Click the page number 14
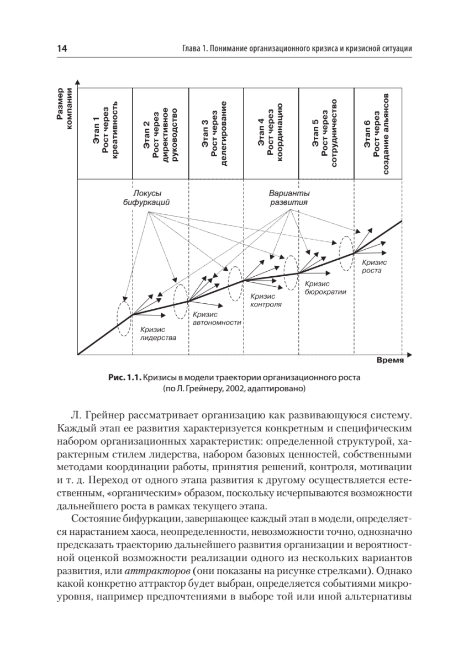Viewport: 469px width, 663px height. tap(62, 49)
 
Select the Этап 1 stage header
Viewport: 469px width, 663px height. tap(106, 133)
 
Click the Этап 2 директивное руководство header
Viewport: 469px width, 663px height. tap(161, 133)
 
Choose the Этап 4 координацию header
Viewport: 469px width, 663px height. tap(271, 133)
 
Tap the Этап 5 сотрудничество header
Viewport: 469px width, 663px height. tap(325, 133)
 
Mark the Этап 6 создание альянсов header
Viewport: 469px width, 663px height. tap(378, 133)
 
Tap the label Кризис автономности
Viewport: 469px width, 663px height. tap(217, 318)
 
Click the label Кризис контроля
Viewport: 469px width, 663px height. tap(266, 300)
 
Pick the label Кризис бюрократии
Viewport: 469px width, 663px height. tap(325, 287)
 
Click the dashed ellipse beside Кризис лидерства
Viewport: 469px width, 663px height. tap(124, 315)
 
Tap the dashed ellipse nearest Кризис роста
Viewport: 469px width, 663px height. tap(346, 252)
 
